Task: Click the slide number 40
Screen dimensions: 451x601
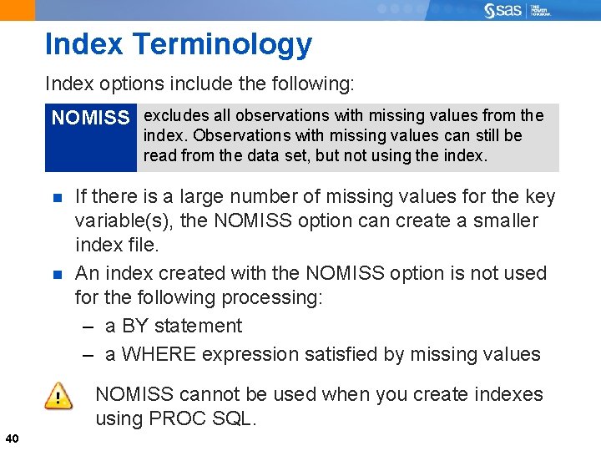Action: click(12, 438)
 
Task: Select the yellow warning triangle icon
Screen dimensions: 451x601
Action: click(58, 395)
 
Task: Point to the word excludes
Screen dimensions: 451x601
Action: click(173, 115)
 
